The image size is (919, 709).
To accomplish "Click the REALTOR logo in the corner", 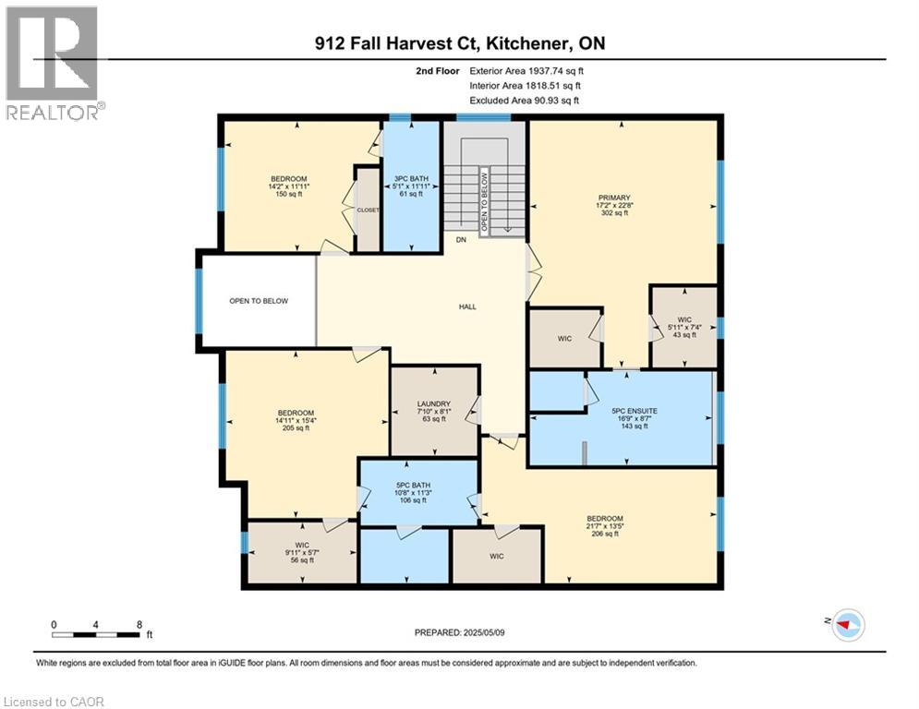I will tap(53, 63).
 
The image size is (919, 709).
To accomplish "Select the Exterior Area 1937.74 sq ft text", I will tap(526, 70).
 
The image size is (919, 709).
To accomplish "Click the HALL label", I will tap(468, 306).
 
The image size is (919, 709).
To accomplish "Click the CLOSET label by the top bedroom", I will tap(368, 210).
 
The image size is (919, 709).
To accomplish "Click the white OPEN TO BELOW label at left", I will tap(259, 301).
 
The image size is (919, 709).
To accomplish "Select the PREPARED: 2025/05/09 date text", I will tap(461, 632).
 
